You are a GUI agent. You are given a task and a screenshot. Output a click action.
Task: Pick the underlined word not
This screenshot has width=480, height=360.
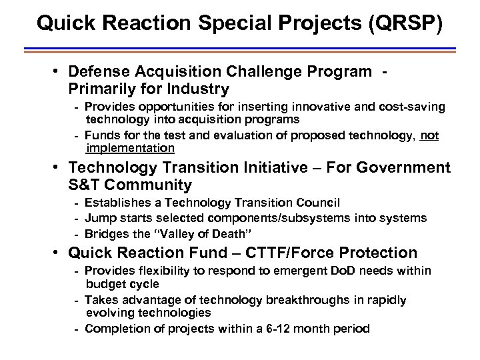click(430, 135)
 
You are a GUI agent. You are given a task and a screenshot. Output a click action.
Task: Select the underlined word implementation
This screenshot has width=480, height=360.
click(130, 147)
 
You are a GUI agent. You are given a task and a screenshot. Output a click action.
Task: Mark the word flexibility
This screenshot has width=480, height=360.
click(151, 271)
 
